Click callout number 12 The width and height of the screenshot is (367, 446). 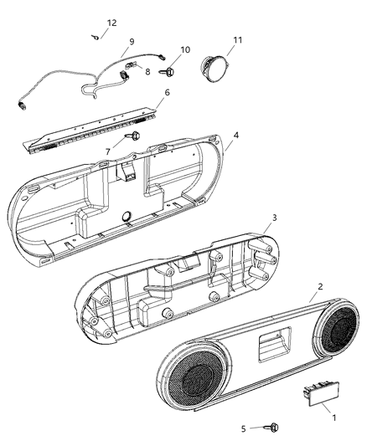[111, 23]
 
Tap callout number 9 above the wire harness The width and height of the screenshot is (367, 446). [132, 41]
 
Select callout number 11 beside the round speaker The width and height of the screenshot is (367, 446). [237, 40]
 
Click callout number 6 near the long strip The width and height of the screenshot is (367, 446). [167, 92]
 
